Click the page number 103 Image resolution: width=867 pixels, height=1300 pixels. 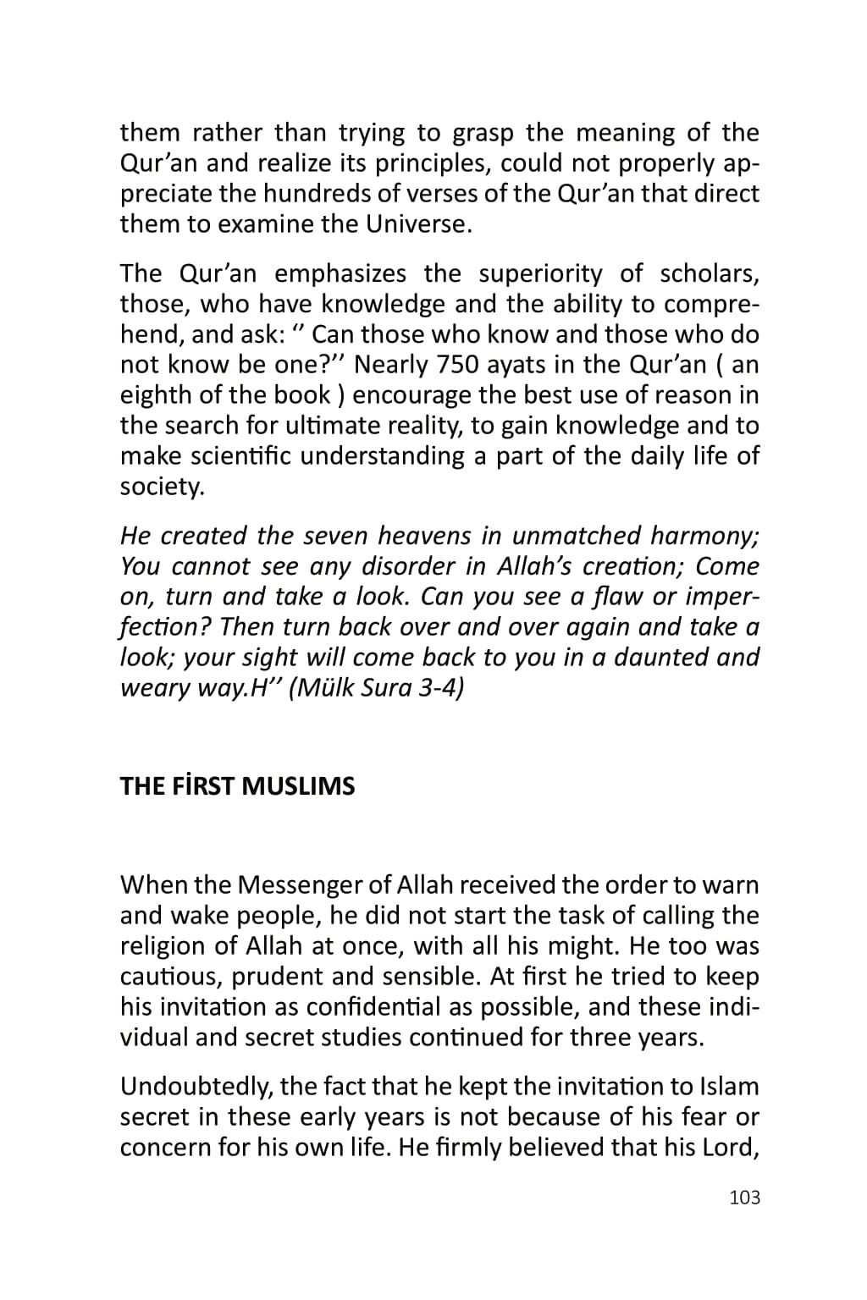tap(744, 1197)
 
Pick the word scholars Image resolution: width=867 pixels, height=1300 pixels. tap(709, 273)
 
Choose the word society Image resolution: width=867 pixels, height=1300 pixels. tap(162, 487)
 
